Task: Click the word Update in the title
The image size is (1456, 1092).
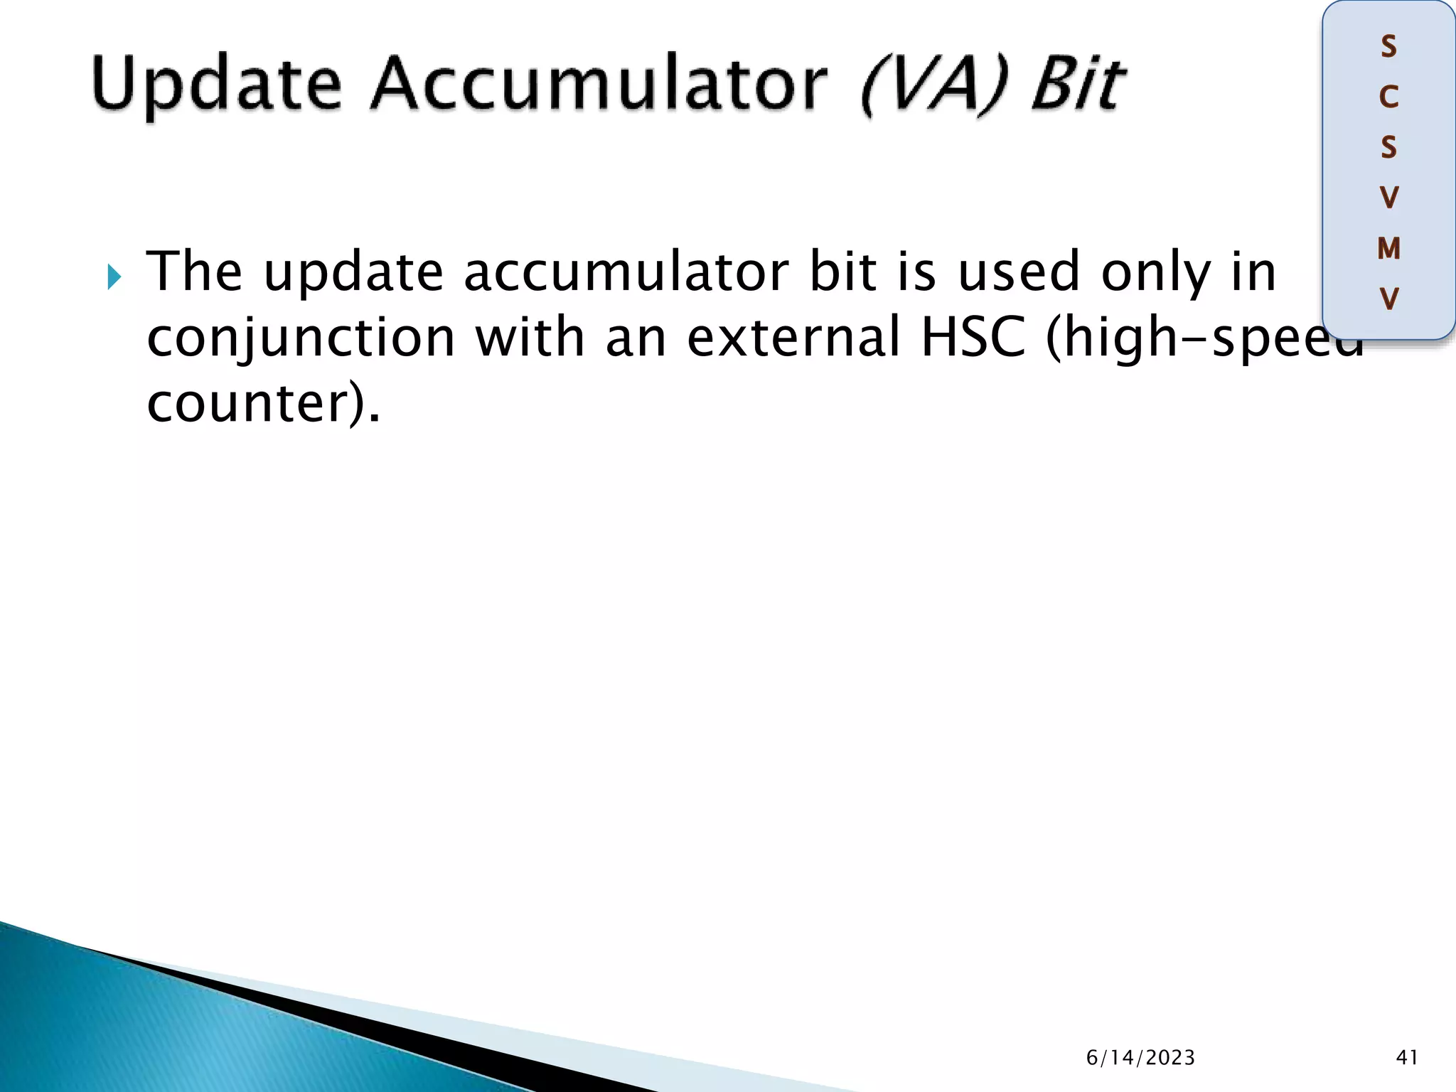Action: (x=217, y=85)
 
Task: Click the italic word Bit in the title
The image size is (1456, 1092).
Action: (x=1078, y=85)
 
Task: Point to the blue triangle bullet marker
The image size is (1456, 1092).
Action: (x=114, y=277)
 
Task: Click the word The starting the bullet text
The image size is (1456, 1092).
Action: (x=194, y=272)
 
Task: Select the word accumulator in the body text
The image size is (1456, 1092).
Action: (x=626, y=273)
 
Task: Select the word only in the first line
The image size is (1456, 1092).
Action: (x=1155, y=273)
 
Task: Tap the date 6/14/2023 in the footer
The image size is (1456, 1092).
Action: (x=1140, y=1058)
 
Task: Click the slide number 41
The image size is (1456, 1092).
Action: (x=1407, y=1058)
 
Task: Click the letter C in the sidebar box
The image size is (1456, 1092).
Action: (x=1388, y=97)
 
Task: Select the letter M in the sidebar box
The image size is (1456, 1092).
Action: (x=1388, y=249)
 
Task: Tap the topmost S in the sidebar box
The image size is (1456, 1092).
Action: (x=1388, y=47)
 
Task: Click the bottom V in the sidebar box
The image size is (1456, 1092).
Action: (x=1388, y=299)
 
